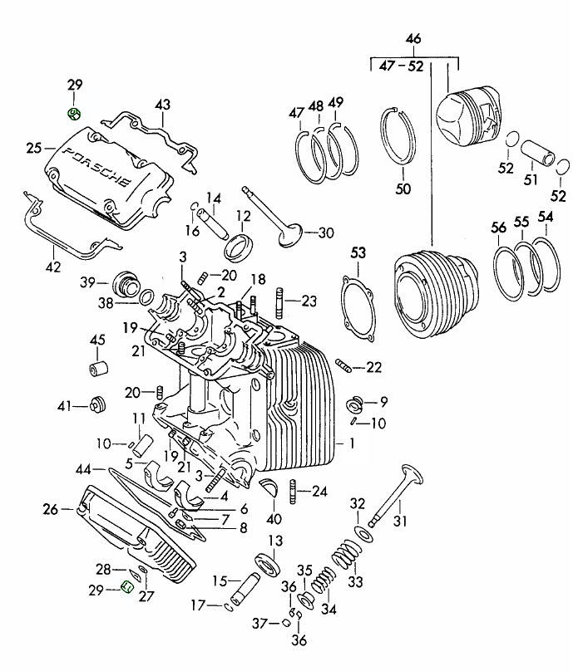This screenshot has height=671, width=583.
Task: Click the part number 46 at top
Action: [x=413, y=39]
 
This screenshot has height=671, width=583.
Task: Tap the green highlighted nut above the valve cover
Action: [x=73, y=114]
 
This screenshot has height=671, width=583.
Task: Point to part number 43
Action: [x=162, y=105]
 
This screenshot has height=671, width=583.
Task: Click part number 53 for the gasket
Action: [x=358, y=252]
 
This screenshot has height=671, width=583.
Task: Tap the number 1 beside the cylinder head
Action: [x=351, y=444]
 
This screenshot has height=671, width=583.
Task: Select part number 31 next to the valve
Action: [x=402, y=522]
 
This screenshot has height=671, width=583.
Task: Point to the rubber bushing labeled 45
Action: [x=98, y=368]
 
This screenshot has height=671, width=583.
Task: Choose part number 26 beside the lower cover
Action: [x=50, y=509]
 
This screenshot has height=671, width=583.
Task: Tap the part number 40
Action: [x=274, y=520]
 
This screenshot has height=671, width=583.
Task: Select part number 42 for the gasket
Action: [x=52, y=267]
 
